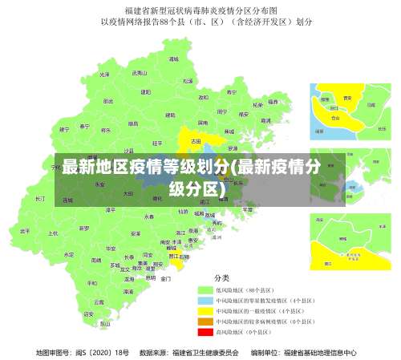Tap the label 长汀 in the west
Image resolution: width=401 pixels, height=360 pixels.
point(40,197)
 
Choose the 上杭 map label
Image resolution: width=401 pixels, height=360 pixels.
point(53,233)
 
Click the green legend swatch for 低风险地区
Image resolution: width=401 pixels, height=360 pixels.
point(205,289)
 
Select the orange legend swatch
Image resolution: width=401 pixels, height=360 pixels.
point(205,321)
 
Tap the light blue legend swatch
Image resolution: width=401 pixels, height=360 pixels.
point(205,299)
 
